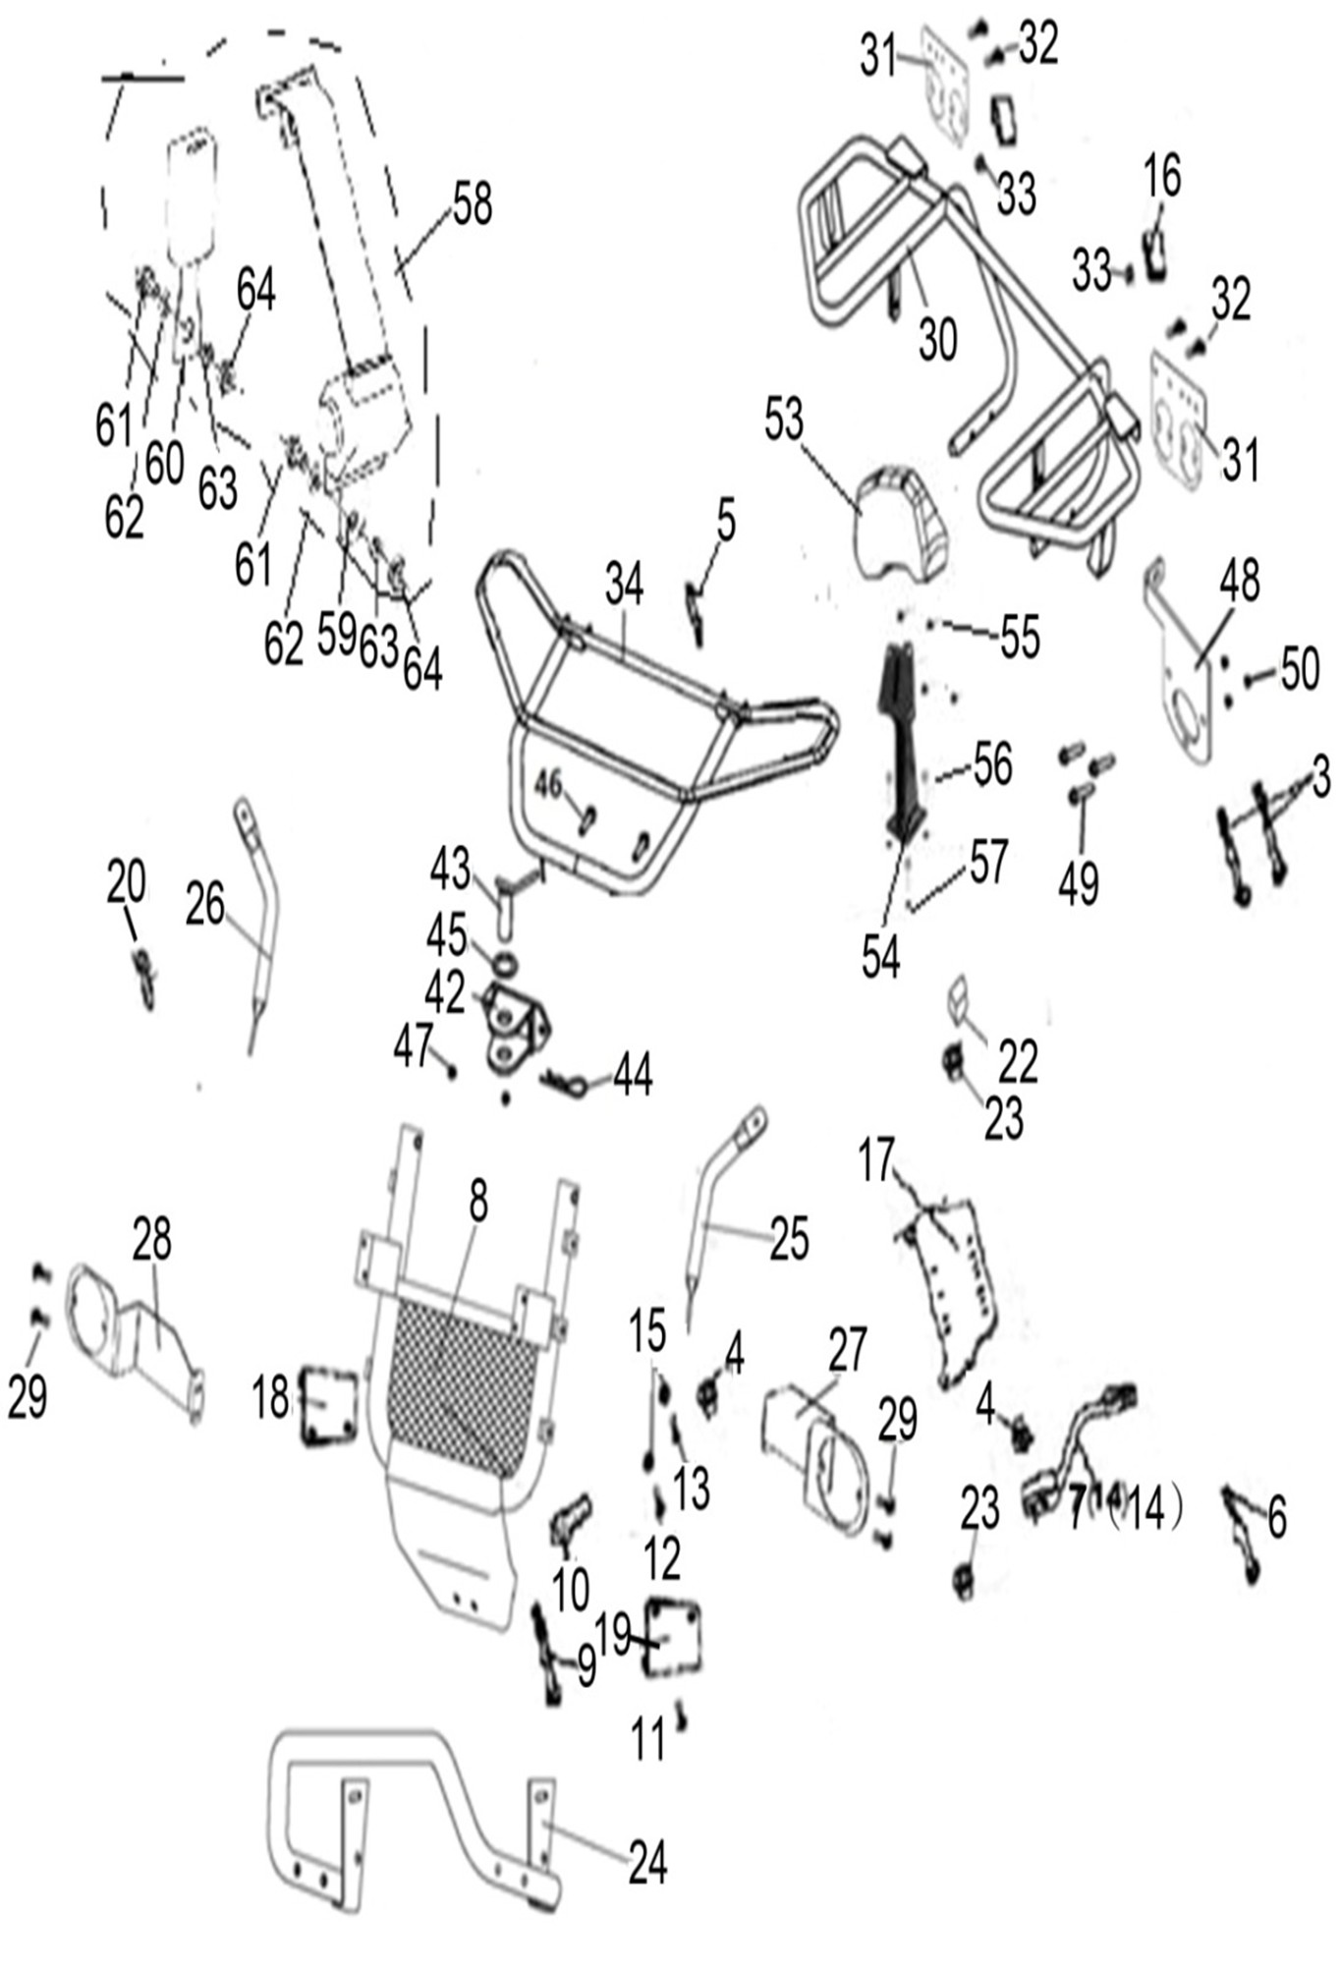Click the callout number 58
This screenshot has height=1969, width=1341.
point(472,205)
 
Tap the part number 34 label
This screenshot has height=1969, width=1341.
point(624,585)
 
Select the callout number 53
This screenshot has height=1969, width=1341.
point(784,420)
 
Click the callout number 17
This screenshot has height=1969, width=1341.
point(877,1160)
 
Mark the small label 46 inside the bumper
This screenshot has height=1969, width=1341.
point(548,783)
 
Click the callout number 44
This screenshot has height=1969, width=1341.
point(633,1075)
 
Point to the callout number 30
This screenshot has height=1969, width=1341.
point(937,340)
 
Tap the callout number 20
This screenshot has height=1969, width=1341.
point(127,881)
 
